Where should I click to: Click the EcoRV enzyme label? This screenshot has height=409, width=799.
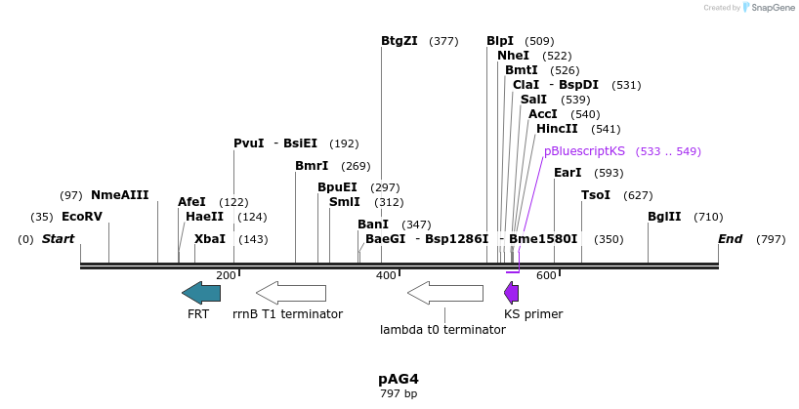click(81, 217)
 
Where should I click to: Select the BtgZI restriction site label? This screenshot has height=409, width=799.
click(399, 41)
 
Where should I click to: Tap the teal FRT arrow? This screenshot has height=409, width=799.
click(201, 292)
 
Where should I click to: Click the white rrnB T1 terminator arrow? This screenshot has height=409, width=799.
click(291, 292)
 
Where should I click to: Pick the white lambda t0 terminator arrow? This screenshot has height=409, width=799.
click(444, 292)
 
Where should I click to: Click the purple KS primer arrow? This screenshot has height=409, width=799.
click(511, 292)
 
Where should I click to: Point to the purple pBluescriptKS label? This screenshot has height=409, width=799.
click(584, 151)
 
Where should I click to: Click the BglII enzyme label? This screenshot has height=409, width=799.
click(664, 217)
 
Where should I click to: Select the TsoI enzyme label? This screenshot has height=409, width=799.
click(595, 195)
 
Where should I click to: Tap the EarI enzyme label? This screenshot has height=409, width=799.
click(568, 173)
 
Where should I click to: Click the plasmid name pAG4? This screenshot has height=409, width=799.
click(399, 379)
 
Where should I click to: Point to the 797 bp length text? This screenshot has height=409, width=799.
click(399, 394)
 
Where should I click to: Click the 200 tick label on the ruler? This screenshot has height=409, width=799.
click(226, 275)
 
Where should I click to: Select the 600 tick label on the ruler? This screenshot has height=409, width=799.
click(545, 275)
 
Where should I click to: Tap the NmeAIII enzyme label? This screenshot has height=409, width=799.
click(119, 195)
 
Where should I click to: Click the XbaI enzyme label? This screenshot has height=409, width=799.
click(209, 239)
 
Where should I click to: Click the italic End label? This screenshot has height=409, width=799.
click(730, 239)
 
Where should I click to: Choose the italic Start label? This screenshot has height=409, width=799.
click(58, 239)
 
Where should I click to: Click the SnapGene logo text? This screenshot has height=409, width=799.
click(773, 8)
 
